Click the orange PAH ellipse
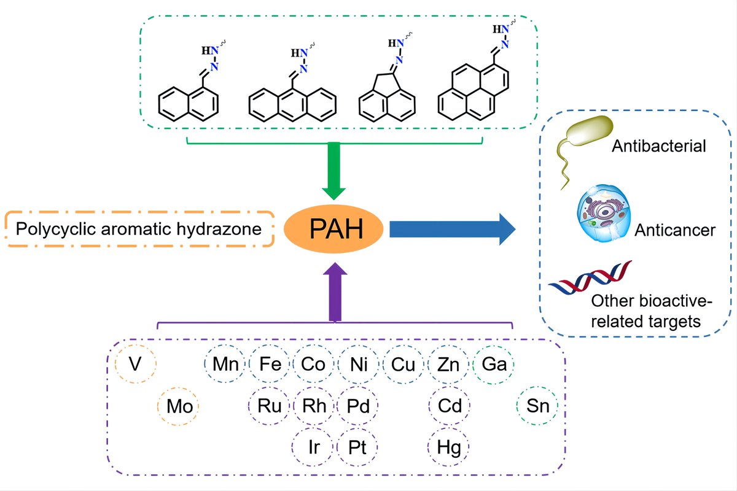click(335, 230)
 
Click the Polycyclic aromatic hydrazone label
click(139, 230)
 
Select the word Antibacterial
click(659, 147)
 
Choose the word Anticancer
click(674, 230)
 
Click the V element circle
click(135, 365)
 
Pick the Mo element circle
click(179, 406)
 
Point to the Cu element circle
click(403, 365)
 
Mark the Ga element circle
click(494, 365)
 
